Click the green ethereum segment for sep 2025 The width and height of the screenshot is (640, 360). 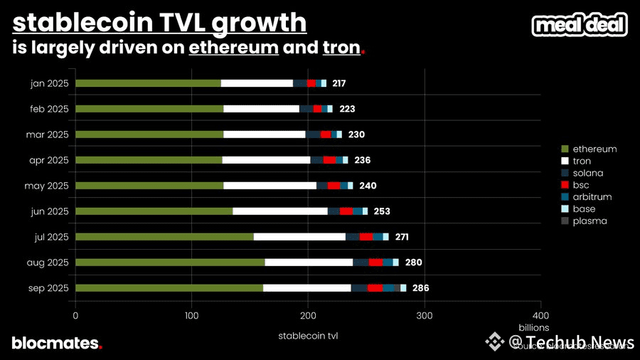[169, 287]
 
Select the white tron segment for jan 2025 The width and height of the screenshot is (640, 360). [257, 83]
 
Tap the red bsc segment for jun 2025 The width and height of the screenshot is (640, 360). [346, 211]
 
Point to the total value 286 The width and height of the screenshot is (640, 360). [420, 288]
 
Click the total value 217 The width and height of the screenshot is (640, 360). [338, 84]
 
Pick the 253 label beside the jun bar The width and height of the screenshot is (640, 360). [382, 211]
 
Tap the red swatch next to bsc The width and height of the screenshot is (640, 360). [565, 185]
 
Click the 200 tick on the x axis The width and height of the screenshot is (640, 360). [308, 315]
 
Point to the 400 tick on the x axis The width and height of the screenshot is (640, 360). [540, 315]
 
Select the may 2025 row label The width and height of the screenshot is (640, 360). [48, 186]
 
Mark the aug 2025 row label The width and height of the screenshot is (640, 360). [48, 263]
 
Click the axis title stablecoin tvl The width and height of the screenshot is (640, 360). [308, 335]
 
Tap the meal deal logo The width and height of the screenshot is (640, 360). [580, 26]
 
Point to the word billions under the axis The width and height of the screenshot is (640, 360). [533, 327]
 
